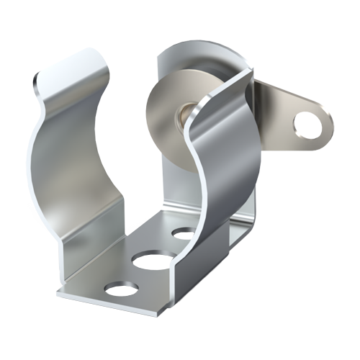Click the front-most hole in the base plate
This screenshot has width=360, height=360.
[121, 290]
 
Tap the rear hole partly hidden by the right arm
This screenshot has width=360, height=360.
[183, 234]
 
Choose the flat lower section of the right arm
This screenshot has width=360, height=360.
[198, 266]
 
